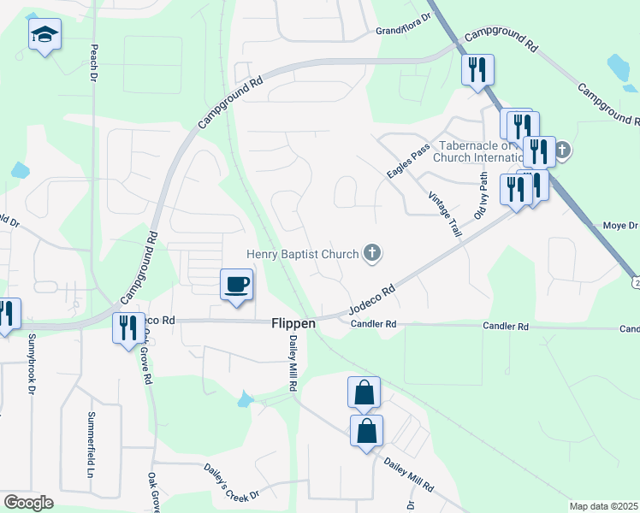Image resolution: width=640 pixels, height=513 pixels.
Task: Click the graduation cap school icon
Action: tap(44, 35)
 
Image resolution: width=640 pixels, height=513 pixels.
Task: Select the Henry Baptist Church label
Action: tap(302, 253)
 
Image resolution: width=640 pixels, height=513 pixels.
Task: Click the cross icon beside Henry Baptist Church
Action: tap(371, 252)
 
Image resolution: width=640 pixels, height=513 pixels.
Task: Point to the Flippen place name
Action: tap(293, 324)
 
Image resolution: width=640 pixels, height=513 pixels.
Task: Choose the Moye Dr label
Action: tap(621, 226)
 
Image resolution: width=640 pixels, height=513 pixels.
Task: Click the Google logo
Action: tap(28, 503)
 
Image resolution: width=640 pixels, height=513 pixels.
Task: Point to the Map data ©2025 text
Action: tap(603, 506)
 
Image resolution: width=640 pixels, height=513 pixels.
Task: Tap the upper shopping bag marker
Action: tap(364, 392)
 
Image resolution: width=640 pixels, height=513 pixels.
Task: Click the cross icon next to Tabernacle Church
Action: tap(563, 152)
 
